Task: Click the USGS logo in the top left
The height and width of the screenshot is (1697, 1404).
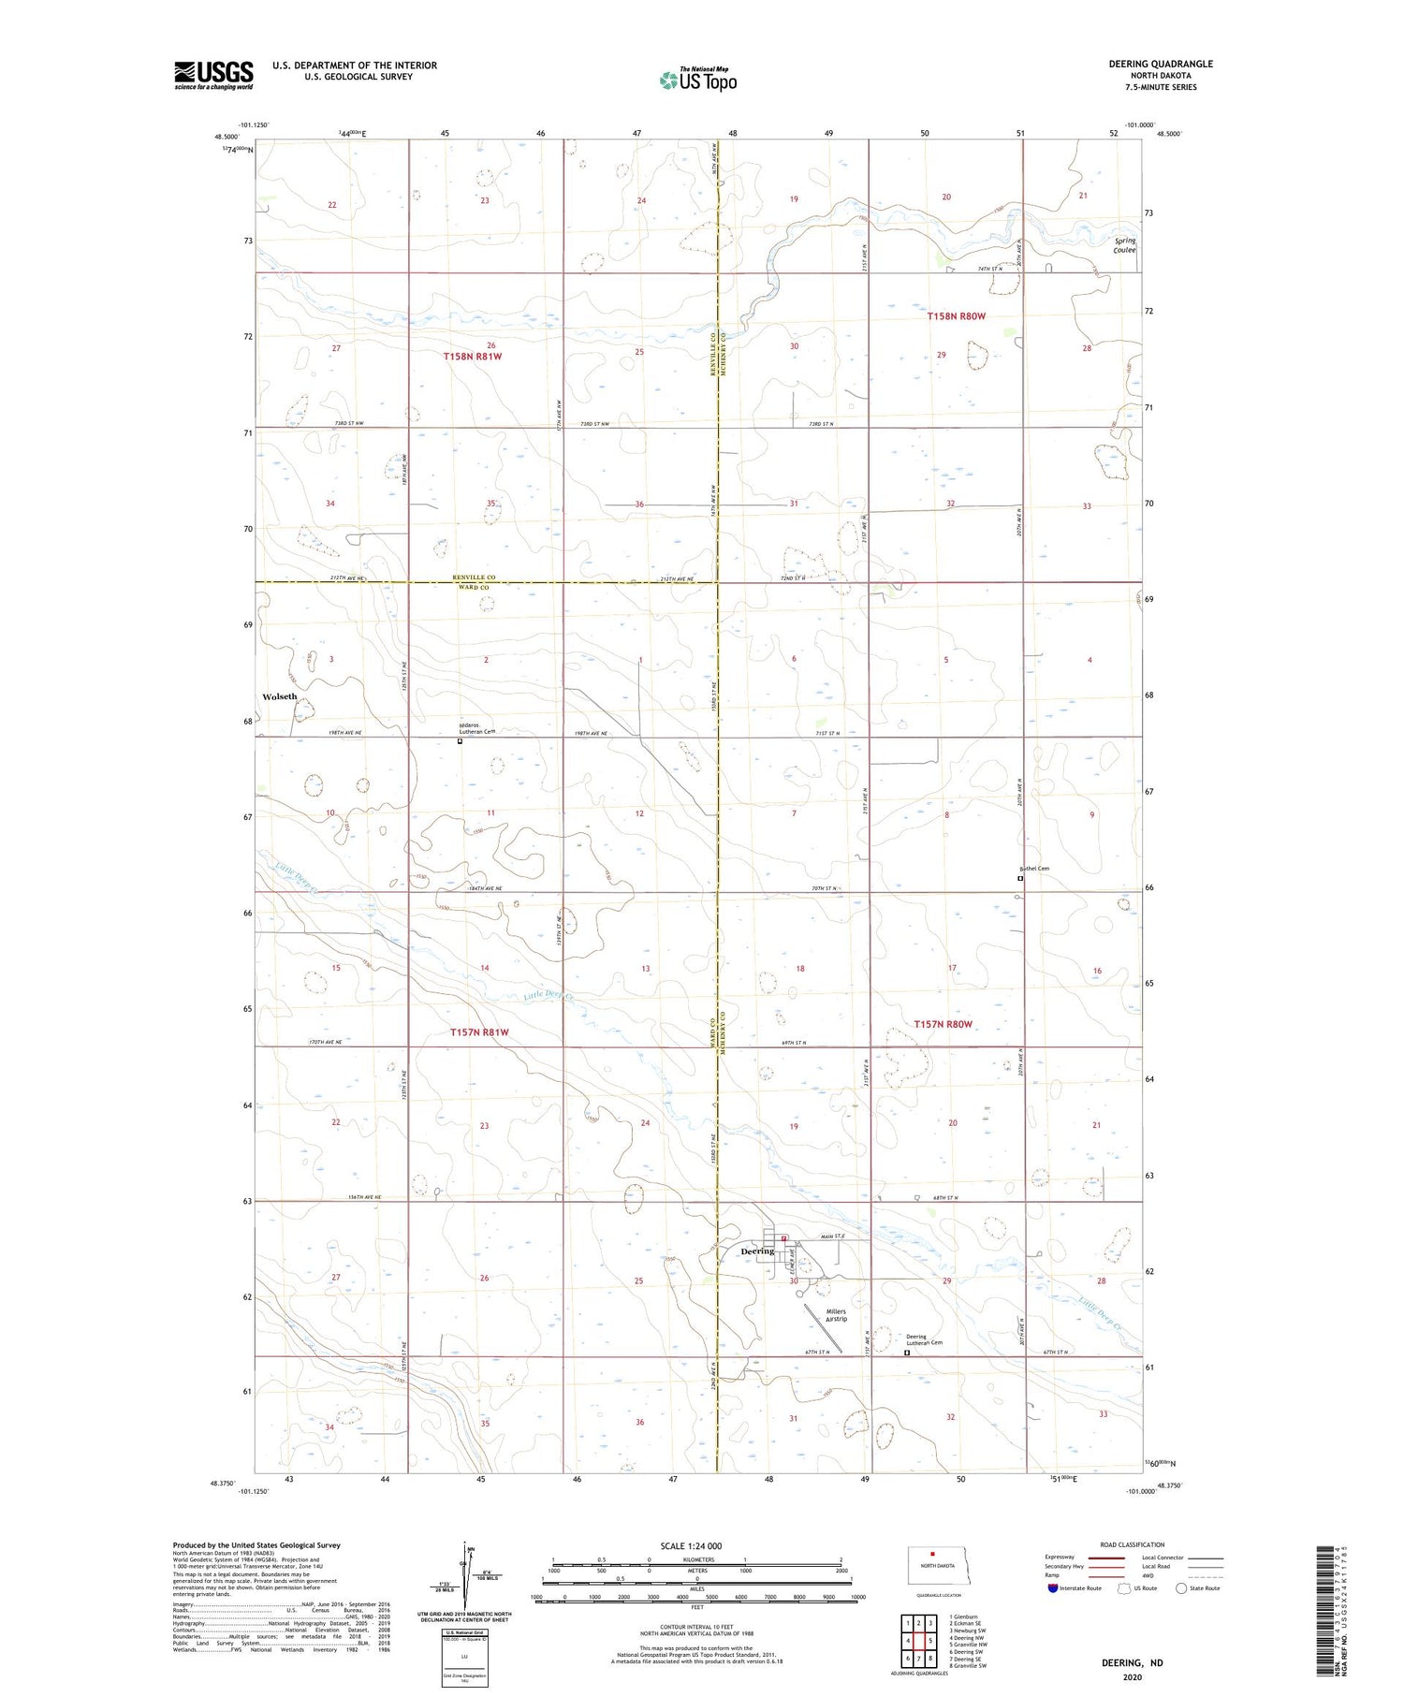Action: [213, 75]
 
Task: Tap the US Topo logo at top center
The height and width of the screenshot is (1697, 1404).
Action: [698, 80]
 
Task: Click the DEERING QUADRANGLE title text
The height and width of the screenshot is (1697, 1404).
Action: [1161, 64]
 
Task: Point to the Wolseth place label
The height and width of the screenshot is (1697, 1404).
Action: [279, 696]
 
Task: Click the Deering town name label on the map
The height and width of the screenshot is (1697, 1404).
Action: [757, 1251]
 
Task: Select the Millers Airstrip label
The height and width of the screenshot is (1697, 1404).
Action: [836, 1315]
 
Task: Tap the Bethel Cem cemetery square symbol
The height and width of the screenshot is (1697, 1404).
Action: [1020, 879]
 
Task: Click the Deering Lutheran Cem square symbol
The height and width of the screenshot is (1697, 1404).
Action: [906, 1353]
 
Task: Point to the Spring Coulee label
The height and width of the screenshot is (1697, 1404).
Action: [1124, 245]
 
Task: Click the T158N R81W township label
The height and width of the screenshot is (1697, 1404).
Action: [473, 357]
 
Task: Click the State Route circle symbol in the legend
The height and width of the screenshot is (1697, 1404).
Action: [1181, 1588]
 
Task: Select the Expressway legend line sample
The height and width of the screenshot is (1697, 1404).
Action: [1105, 1558]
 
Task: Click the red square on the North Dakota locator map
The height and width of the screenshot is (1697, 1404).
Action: [932, 1555]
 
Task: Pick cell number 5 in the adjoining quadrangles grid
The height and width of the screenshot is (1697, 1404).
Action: [930, 1641]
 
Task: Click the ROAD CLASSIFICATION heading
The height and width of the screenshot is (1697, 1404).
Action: [1133, 1544]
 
